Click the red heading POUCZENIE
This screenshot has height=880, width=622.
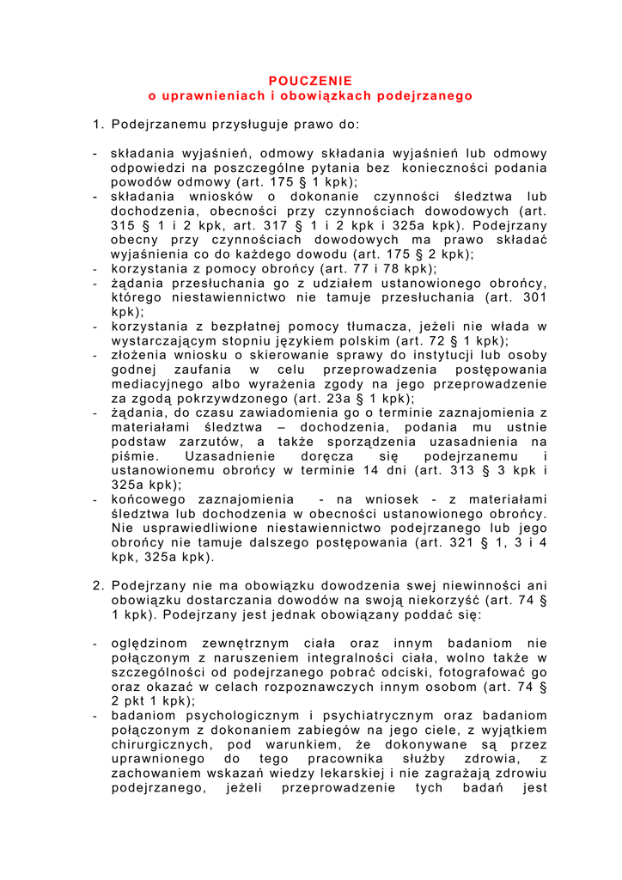[x=311, y=81]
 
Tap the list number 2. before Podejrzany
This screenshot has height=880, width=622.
[x=98, y=585]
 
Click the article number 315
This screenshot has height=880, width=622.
[x=124, y=225]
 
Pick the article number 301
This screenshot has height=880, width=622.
[x=534, y=297]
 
